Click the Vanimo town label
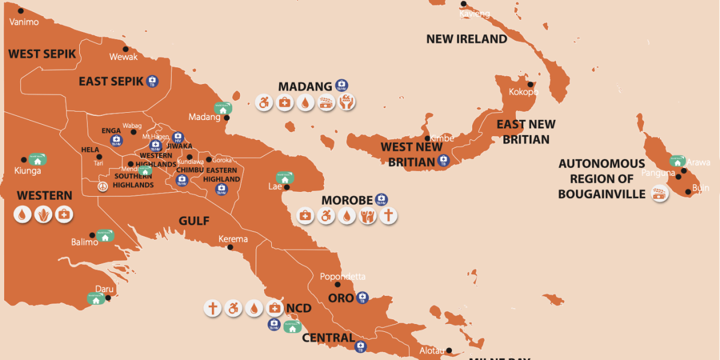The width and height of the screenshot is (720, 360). tap(24, 22)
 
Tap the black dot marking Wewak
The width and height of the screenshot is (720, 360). tap(125, 49)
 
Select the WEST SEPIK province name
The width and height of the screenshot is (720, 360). tap(42, 54)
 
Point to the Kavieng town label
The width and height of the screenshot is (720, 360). tap(475, 13)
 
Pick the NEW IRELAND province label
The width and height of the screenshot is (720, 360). tap(466, 39)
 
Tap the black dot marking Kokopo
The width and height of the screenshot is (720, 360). tap(530, 84)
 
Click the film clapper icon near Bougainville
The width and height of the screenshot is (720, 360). tap(659, 194)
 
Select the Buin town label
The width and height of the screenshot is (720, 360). tap(700, 188)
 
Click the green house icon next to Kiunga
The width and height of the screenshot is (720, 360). tap(38, 160)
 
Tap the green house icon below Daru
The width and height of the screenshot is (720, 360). tap(95, 298)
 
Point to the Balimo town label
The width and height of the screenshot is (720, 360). tap(85, 242)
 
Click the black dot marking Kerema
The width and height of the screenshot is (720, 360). tap(230, 247)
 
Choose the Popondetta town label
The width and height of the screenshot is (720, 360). tap(342, 277)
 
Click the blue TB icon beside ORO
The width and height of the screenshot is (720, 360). tap(362, 298)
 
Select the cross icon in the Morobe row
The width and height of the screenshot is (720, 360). tap(388, 215)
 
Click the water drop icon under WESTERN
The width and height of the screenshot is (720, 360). tap(23, 214)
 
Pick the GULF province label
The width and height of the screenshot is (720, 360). tap(194, 221)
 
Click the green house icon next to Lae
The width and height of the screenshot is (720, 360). tap(284, 178)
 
